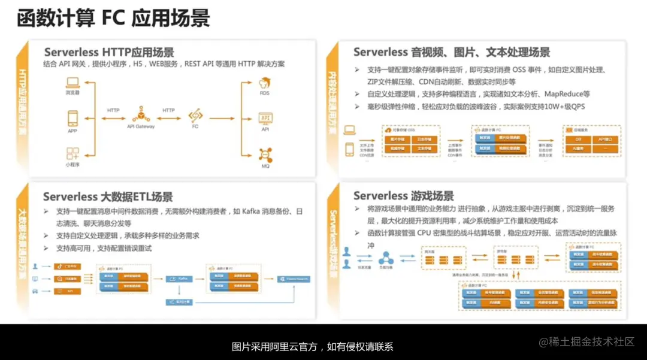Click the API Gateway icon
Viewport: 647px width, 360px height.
(x=141, y=114)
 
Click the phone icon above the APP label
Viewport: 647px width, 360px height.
(x=72, y=117)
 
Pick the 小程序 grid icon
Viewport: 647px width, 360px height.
(x=72, y=153)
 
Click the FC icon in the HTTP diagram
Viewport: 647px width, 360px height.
(x=195, y=114)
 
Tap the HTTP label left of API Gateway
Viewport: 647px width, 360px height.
(x=113, y=110)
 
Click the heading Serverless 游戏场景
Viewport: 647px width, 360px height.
(x=403, y=196)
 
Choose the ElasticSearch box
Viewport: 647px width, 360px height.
(x=294, y=279)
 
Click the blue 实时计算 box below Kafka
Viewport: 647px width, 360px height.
(x=179, y=302)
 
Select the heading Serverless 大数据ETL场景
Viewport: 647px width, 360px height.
(x=108, y=196)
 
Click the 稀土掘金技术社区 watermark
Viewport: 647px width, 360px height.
(x=587, y=341)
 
